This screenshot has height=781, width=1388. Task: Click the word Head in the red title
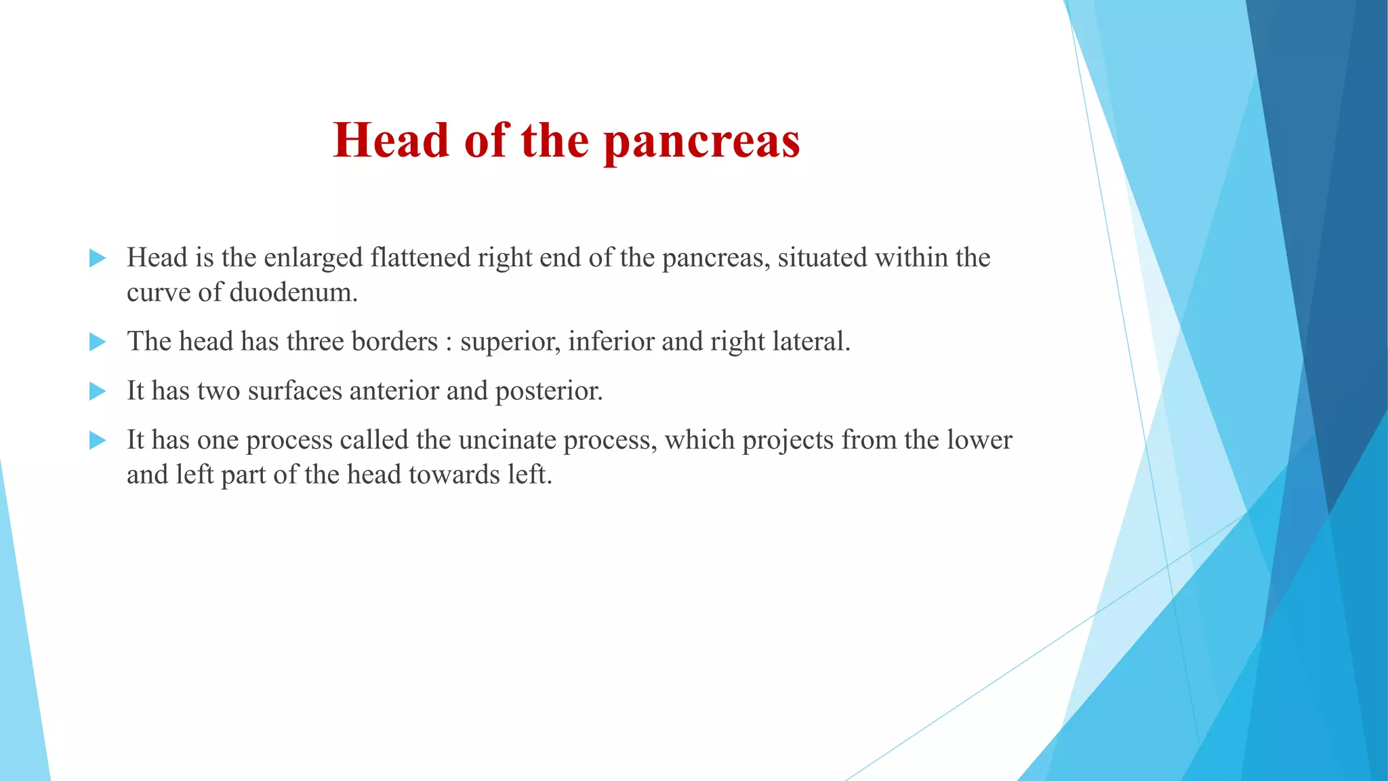(x=391, y=140)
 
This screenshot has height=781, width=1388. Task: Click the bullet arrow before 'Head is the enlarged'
(x=98, y=258)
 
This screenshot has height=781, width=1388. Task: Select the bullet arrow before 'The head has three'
(x=98, y=342)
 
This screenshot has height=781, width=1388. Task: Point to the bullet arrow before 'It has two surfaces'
(x=98, y=391)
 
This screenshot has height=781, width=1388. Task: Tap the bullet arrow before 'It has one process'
(x=98, y=441)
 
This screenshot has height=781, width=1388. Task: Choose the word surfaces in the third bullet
(x=294, y=391)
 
